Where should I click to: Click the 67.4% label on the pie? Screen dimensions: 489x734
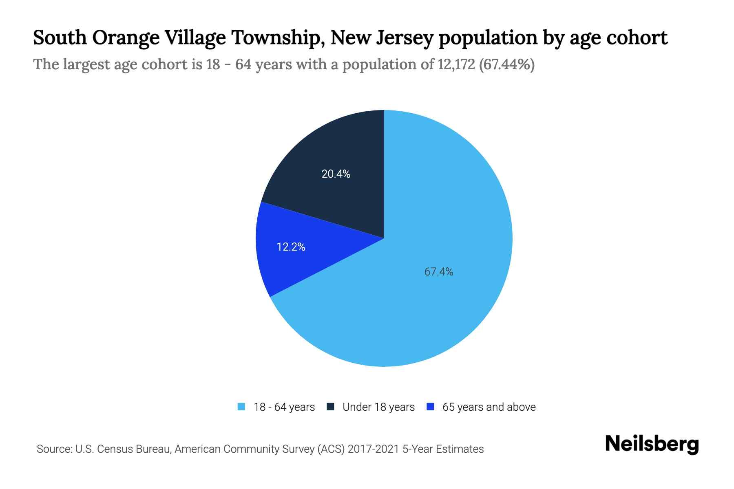click(439, 272)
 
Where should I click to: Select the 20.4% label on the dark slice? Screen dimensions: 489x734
click(336, 174)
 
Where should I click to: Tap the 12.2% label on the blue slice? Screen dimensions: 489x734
click(291, 247)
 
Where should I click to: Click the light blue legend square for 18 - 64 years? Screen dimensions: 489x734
click(241, 407)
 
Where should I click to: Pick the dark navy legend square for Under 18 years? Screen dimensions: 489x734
click(331, 407)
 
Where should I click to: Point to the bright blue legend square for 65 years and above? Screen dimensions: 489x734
click(430, 407)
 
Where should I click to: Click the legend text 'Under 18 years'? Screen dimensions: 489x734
click(378, 407)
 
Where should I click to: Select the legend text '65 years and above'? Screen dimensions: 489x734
click(489, 407)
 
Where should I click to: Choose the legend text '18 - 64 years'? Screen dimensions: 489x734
click(284, 407)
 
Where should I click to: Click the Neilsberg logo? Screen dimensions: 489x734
click(652, 444)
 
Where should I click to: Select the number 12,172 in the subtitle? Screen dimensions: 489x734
click(456, 64)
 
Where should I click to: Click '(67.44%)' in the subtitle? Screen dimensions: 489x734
click(506, 64)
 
